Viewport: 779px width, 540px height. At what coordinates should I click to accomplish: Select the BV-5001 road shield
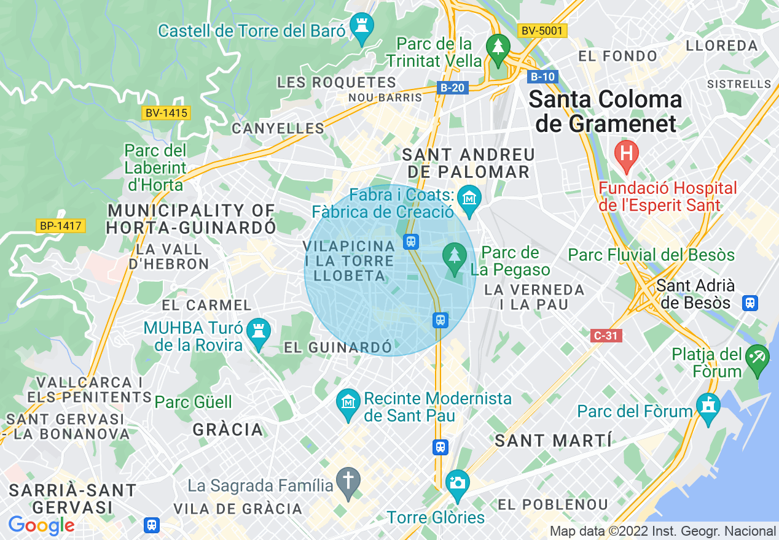(x=541, y=30)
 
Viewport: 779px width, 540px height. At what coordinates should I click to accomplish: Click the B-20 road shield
(x=453, y=88)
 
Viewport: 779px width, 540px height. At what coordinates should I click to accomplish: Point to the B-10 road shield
(x=542, y=77)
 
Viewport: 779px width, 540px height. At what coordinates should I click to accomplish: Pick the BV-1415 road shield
(x=166, y=113)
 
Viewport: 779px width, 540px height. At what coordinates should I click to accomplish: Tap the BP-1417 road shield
(x=60, y=226)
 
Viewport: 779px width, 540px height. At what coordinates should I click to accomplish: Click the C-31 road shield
(x=606, y=336)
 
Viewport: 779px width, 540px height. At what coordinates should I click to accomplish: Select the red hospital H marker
(x=627, y=153)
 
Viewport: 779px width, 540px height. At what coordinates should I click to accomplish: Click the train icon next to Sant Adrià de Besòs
(x=750, y=303)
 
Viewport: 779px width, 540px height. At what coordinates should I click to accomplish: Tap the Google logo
(x=41, y=525)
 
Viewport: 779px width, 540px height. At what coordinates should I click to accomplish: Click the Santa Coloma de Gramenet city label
(x=605, y=111)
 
